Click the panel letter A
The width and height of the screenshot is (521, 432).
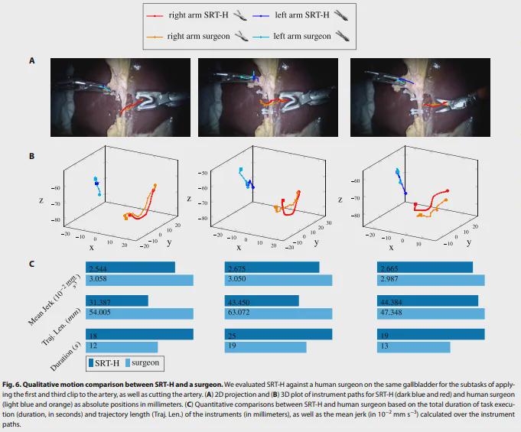31,59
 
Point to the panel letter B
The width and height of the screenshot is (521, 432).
31,157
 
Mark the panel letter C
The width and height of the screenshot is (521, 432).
31,265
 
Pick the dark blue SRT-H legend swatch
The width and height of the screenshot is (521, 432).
92,363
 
